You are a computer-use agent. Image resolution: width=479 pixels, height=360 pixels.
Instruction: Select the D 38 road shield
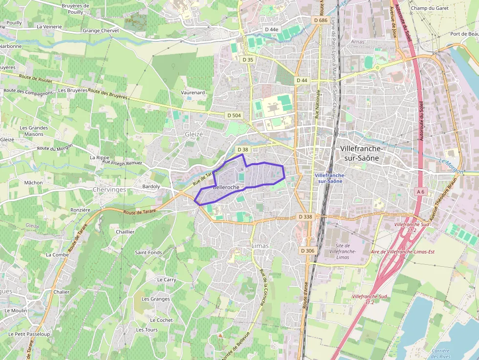(243, 149)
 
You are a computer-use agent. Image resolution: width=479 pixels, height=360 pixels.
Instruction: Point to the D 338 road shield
(305, 216)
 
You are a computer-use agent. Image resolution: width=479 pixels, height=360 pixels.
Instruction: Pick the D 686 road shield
(320, 20)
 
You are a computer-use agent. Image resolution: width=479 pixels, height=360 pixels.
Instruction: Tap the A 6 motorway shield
(420, 192)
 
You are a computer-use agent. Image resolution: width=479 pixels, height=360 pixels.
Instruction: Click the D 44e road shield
(271, 29)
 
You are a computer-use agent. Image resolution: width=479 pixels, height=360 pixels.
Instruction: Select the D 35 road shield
(248, 60)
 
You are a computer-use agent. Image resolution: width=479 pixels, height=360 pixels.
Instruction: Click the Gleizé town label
(193, 134)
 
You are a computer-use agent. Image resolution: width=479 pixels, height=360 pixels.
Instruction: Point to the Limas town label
(260, 246)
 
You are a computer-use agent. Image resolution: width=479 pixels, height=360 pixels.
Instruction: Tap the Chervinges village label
(109, 190)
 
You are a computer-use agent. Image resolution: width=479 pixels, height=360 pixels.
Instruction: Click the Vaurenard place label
(193, 92)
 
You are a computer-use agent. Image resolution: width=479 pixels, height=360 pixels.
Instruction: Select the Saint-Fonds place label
(149, 253)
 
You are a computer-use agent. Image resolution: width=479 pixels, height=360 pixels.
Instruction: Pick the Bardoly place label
(151, 187)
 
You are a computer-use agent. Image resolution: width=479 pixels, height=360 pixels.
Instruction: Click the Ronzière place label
(81, 210)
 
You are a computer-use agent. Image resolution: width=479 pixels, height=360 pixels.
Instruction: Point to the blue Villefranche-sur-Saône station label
(330, 178)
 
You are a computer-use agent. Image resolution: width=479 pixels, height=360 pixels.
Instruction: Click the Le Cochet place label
(161, 320)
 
